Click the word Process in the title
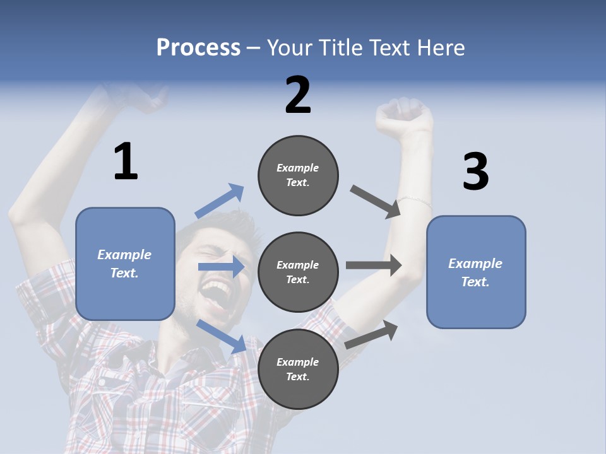coord(198,48)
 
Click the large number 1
coord(126,162)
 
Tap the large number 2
coord(298,95)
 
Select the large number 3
coord(475,172)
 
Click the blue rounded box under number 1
coord(125,264)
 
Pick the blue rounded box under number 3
coord(476,272)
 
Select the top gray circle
coord(298,175)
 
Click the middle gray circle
coord(298,272)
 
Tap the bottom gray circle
coord(298,369)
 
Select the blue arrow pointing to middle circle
coord(221,267)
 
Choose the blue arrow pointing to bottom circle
coord(222,336)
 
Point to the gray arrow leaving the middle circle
coord(374,265)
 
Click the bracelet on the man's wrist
coord(415,201)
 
